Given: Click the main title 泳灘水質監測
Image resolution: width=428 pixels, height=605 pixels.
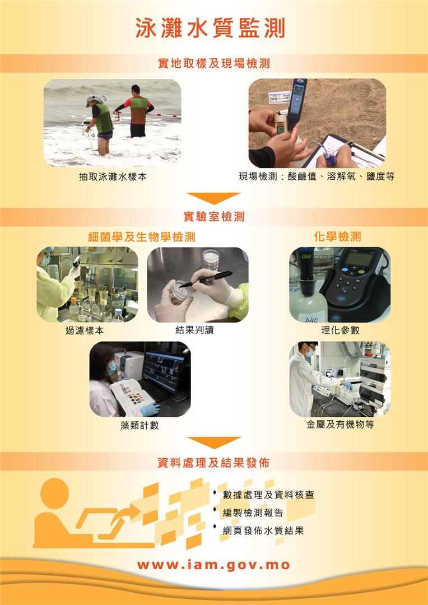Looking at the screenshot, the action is click(210, 29).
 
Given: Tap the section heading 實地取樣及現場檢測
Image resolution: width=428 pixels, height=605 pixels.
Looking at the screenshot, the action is click(214, 63).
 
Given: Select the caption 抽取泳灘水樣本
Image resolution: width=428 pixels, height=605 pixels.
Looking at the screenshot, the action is click(113, 176).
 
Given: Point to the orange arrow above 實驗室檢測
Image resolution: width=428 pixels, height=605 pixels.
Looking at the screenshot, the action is click(213, 198).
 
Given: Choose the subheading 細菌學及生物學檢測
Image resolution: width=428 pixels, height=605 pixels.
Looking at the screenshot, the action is click(142, 236).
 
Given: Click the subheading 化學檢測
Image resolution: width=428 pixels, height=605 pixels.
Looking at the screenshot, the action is click(338, 236).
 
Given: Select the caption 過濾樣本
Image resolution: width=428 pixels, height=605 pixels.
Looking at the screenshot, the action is click(85, 331).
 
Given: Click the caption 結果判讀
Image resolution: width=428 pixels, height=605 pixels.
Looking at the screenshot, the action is click(194, 330).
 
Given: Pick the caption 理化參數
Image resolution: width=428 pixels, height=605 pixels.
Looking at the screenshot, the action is click(340, 330).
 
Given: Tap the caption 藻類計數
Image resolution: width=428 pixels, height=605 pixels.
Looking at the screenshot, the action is click(139, 425).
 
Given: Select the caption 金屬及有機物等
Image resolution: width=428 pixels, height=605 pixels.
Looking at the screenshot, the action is click(340, 425).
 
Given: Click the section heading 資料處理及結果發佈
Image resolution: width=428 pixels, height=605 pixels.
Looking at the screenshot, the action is click(213, 462).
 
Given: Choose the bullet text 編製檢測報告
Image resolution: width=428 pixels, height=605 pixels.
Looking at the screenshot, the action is click(253, 513).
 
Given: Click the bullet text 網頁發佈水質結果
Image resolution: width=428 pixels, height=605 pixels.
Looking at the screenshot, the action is click(263, 530).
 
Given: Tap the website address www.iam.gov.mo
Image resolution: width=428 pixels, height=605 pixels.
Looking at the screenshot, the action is click(213, 565).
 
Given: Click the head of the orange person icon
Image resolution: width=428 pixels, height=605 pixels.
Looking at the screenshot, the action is click(54, 492).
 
